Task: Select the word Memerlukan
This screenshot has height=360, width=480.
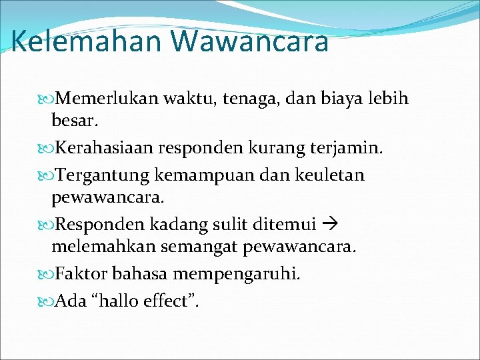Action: pos(107,99)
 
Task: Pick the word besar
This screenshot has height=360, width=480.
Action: pos(75,123)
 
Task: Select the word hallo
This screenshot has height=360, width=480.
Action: pos(117,301)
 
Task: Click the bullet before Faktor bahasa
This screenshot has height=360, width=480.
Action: pos(47,273)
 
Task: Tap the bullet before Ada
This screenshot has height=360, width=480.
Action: pos(47,301)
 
